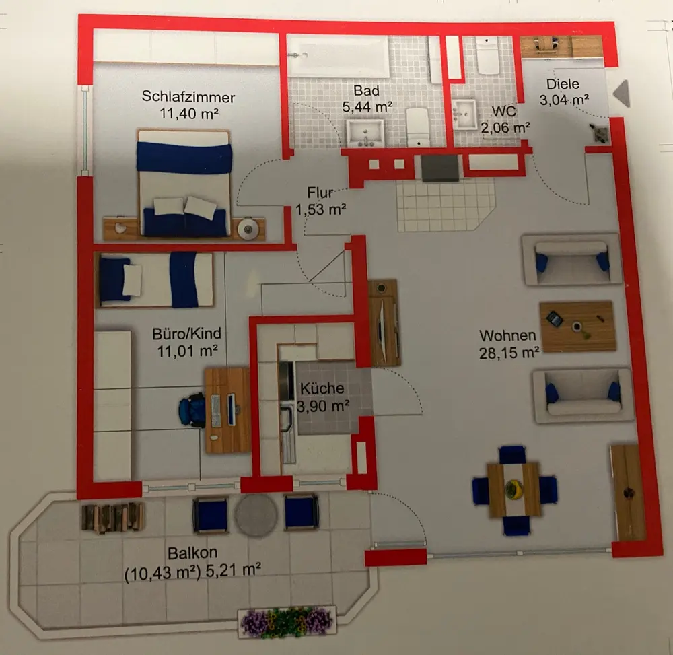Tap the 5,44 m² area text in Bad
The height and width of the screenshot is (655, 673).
367,106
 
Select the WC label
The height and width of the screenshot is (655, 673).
503,110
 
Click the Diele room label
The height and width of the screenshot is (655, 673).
563,85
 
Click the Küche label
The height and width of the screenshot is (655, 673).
322,388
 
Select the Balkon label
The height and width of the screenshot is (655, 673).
192,553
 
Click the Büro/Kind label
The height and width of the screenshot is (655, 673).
186,333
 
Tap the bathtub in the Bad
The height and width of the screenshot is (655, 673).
339,57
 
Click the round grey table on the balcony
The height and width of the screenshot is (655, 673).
256,516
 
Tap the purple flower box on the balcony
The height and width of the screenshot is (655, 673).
287,622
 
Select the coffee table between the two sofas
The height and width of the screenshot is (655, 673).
577,326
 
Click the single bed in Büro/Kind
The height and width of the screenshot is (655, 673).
155,279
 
